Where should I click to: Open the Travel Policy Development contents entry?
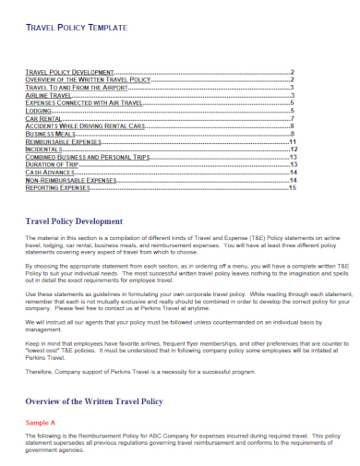68,72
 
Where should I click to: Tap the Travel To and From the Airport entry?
73,88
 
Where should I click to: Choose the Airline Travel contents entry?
48,95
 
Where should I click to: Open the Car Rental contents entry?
43,118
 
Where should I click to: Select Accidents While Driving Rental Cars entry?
85,125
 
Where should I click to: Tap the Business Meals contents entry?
51,133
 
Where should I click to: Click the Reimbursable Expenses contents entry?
63,141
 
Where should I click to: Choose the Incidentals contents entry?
43,149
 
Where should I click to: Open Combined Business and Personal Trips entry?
85,156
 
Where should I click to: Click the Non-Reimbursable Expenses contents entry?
70,179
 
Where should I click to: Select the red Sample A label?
40,423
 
